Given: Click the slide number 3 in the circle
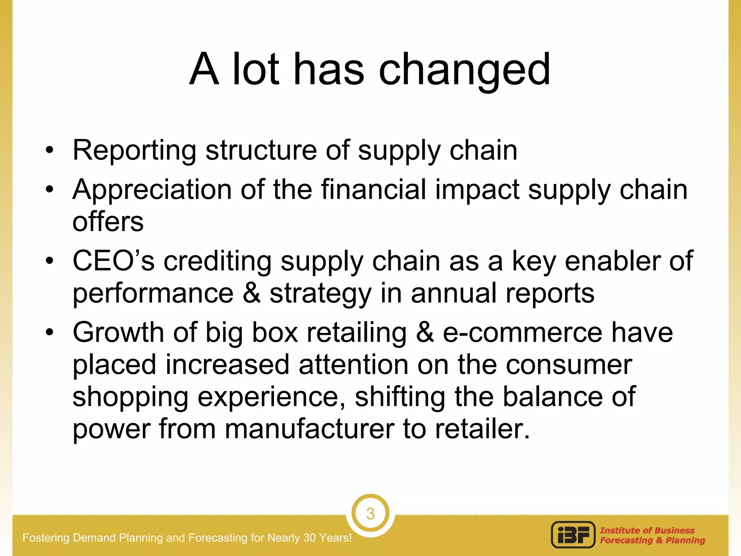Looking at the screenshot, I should click(370, 514).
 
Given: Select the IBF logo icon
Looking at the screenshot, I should click(573, 535).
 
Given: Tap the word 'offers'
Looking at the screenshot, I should click(108, 222).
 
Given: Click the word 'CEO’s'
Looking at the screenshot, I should click(114, 261).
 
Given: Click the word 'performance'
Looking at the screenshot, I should click(153, 293).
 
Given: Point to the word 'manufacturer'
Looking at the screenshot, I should click(309, 429).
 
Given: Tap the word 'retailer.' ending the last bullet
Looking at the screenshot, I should click(482, 429).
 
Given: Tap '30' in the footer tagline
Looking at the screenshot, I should click(310, 538).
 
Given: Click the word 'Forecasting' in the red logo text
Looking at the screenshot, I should click(626, 540).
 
